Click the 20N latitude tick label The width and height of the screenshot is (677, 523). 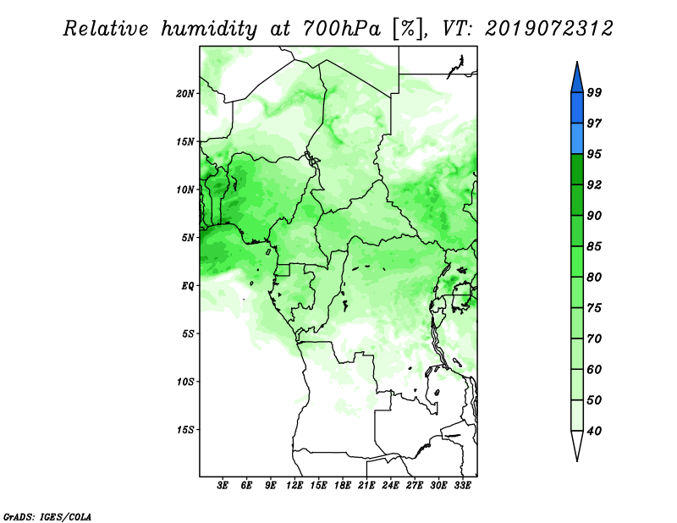[185, 93]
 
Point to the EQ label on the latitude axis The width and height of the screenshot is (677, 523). [188, 286]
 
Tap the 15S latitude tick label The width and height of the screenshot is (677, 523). [185, 430]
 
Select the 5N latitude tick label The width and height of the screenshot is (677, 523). [188, 238]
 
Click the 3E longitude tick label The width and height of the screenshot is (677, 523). [223, 486]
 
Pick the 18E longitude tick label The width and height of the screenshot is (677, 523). [343, 486]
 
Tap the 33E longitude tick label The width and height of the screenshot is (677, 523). [462, 486]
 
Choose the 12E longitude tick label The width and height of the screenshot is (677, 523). [294, 486]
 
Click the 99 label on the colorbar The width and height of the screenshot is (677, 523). [594, 92]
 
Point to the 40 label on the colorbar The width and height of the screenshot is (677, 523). [594, 431]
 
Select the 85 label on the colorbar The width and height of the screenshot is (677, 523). [594, 246]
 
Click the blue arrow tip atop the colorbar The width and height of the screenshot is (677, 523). [577, 62]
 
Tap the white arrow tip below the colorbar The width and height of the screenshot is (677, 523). [577, 460]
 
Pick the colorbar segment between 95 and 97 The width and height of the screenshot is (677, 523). [577, 139]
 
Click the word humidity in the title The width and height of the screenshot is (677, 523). [209, 29]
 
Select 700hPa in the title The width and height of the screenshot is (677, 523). [343, 29]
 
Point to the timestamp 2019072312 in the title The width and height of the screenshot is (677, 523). [548, 29]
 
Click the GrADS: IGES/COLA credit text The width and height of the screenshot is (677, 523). [47, 516]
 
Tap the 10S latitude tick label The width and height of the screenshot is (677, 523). [185, 382]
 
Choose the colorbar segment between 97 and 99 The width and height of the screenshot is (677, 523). [577, 108]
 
